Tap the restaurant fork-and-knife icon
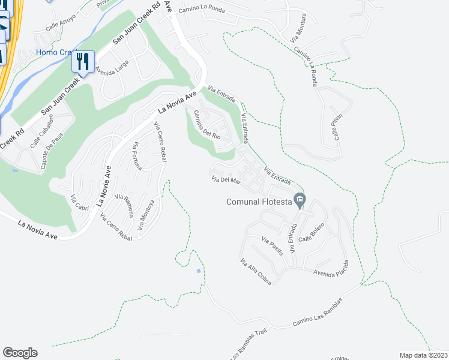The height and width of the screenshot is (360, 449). [x=83, y=60]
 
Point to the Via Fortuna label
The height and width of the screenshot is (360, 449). [x=138, y=156]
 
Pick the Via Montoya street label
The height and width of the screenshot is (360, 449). [x=146, y=216]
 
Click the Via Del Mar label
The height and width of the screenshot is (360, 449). [x=226, y=179]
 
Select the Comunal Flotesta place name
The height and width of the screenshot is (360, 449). [x=259, y=202]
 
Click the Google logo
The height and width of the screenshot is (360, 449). [x=20, y=353]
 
